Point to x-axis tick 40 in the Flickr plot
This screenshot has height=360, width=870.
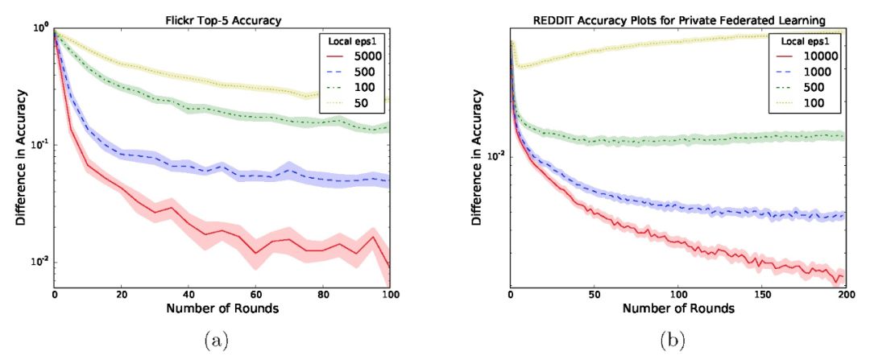point(188,296)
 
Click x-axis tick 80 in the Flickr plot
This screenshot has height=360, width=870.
point(323,296)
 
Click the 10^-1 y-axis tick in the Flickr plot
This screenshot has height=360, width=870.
point(39,145)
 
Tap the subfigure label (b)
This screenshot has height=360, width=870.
point(673,340)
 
